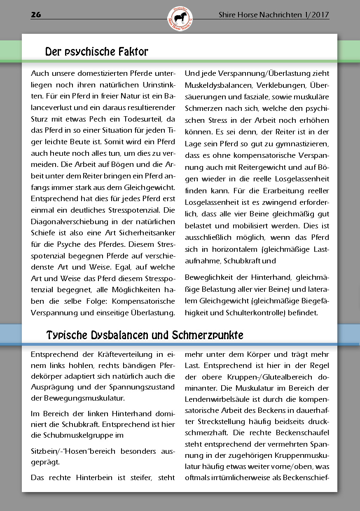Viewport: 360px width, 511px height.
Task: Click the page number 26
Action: (x=36, y=15)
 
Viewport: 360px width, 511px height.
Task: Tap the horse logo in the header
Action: (x=180, y=19)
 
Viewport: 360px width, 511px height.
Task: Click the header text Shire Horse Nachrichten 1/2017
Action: (x=274, y=15)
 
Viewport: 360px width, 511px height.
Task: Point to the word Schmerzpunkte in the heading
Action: (x=209, y=335)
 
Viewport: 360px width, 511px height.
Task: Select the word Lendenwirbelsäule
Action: (x=215, y=399)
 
